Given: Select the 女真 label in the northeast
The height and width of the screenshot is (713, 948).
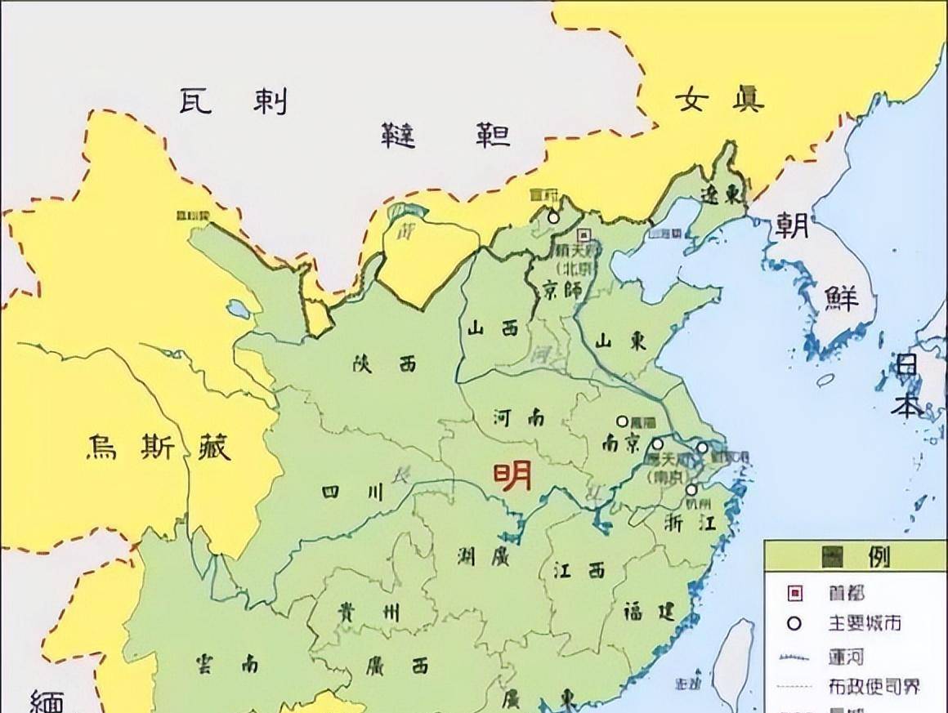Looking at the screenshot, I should pos(719,100).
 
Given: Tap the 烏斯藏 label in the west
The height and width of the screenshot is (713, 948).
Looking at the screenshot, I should pos(159,447).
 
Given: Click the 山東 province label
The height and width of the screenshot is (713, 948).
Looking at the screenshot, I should pos(621,341).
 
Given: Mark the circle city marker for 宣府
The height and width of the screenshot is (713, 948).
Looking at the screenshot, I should pos(553,217).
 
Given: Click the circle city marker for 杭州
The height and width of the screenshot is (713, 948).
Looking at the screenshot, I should pos(691,489).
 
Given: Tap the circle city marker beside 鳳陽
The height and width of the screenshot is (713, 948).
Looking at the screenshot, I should pos(623,421).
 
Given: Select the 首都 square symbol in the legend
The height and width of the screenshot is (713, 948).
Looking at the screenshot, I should pos(794,593).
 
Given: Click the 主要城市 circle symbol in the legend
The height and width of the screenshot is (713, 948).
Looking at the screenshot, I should pos(794,623).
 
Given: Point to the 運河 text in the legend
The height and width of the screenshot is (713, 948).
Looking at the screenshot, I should pos(845,656).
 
